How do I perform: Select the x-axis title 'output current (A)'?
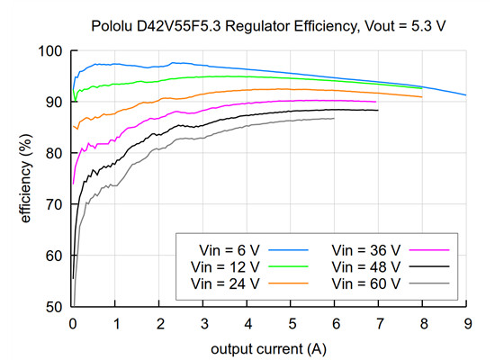coord(269,347)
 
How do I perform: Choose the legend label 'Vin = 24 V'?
coord(224,283)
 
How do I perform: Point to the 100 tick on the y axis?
coord(54,51)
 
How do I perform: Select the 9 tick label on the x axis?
coord(465,322)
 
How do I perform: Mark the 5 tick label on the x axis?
coord(291,322)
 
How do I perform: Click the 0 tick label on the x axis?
coord(73,322)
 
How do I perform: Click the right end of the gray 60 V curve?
coord(334,119)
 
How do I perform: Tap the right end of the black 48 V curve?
coord(378,110)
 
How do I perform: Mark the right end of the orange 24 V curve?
coord(421,97)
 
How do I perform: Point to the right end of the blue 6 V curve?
coord(465,95)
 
